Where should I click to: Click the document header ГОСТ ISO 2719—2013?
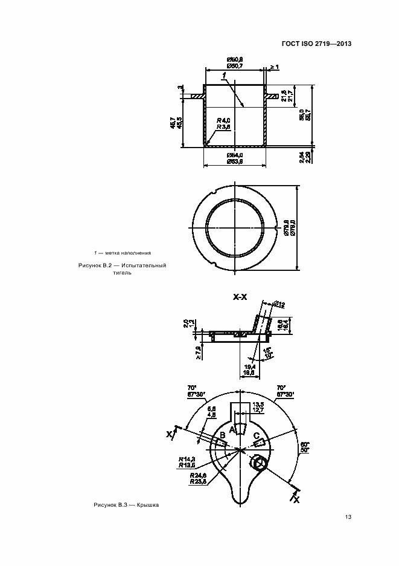[316, 44]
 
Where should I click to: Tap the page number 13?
[348, 516]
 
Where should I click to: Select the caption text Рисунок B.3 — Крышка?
[126, 504]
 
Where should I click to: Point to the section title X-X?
[240, 298]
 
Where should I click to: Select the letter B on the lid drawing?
[222, 435]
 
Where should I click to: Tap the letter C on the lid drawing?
[257, 435]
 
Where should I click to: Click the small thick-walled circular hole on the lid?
[260, 464]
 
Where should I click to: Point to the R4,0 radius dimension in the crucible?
[224, 120]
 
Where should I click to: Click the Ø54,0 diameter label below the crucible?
[235, 157]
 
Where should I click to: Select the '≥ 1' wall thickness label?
[274, 67]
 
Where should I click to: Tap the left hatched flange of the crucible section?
[197, 96]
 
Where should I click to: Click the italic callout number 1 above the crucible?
[223, 75]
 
